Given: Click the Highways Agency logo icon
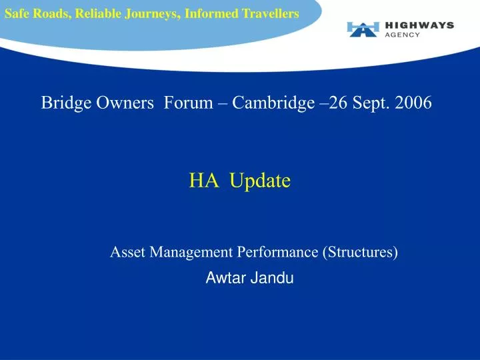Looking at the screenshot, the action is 363,29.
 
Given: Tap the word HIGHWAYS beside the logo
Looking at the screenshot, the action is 419,25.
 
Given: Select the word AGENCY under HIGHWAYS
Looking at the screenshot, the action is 402,35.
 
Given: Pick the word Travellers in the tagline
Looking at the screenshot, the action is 270,13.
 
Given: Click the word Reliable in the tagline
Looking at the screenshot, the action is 98,13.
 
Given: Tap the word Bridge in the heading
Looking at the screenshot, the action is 66,103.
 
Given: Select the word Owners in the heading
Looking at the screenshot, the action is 125,103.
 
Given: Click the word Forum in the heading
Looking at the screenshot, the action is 188,103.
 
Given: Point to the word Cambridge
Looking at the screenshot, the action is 273,103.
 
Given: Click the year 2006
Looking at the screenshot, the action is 413,103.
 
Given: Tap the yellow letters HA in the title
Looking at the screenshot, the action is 204,180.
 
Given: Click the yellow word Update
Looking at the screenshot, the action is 260,181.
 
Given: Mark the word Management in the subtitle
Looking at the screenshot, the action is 191,253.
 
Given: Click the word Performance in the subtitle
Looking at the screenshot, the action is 277,252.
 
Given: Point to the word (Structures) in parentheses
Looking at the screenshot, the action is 360,253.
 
